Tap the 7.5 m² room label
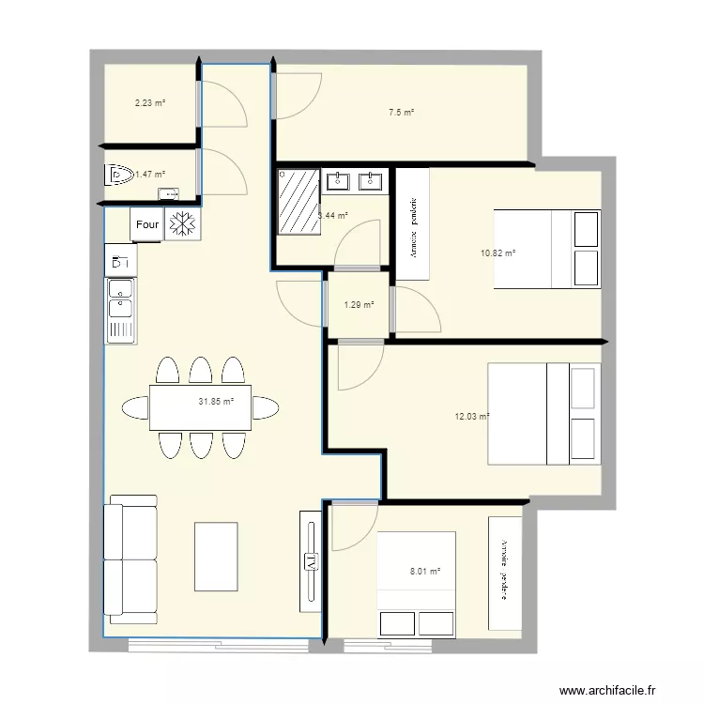click(402, 112)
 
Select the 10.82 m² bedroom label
click(498, 253)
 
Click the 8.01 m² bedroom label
click(424, 570)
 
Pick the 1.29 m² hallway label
click(359, 305)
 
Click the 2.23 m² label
click(150, 102)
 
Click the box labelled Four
click(147, 225)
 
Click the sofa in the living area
click(131, 559)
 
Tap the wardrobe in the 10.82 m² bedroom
click(413, 224)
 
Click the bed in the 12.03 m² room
click(543, 414)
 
